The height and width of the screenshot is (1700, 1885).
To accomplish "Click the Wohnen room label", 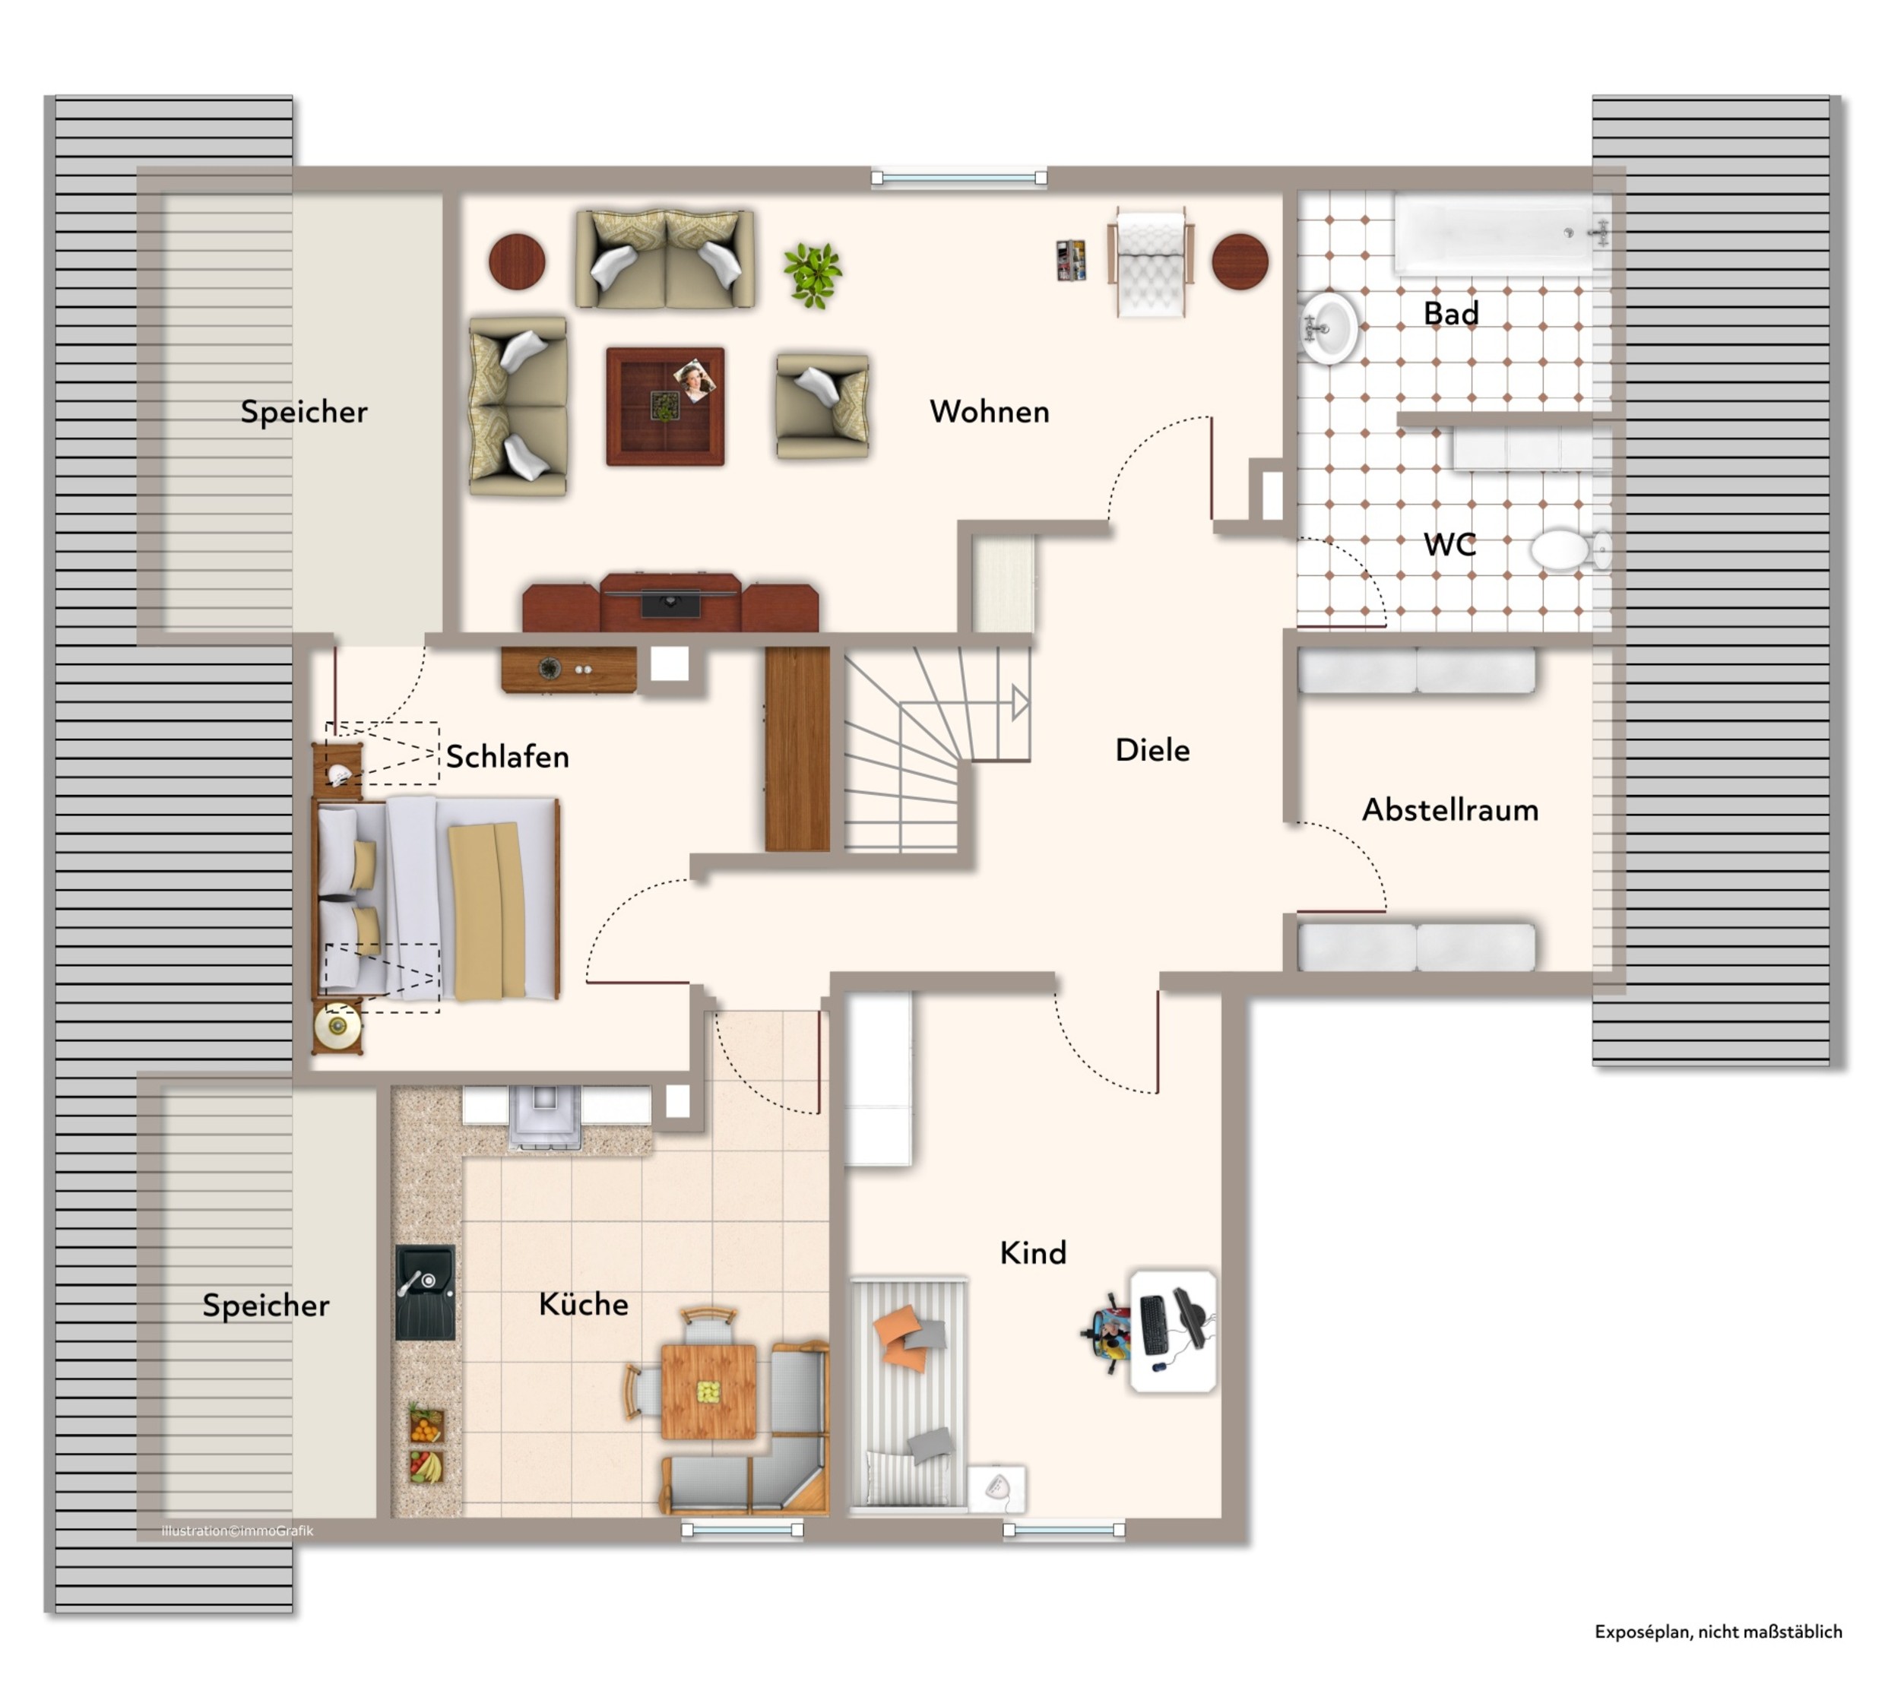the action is tap(988, 412).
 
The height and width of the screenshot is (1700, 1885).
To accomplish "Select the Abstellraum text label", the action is tap(1449, 810).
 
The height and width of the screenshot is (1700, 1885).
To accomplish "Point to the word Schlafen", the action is tap(507, 757).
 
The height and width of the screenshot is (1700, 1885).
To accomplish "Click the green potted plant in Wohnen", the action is tap(812, 274).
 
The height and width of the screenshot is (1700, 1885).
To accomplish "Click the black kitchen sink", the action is tap(425, 1292).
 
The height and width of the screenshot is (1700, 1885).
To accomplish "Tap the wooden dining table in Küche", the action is tap(708, 1391).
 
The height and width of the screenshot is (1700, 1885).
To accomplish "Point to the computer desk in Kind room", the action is tap(1172, 1331).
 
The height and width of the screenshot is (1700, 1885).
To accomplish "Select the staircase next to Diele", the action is tap(937, 749).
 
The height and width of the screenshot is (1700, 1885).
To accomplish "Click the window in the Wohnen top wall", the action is tap(958, 178).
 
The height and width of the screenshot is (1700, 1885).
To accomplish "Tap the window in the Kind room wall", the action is tap(1064, 1529).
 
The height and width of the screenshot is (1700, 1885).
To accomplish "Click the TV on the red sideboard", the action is tap(670, 603).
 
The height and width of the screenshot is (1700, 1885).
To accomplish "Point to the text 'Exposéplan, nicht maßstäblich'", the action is tap(1718, 1632).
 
